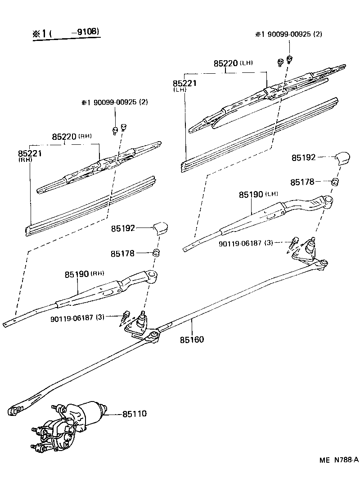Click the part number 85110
(135, 413)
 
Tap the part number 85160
(192, 339)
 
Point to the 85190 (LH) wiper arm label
(258, 195)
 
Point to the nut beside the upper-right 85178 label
(335, 182)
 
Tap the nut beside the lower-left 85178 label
(157, 252)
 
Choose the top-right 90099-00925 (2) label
(288, 35)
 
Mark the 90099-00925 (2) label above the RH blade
(114, 103)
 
